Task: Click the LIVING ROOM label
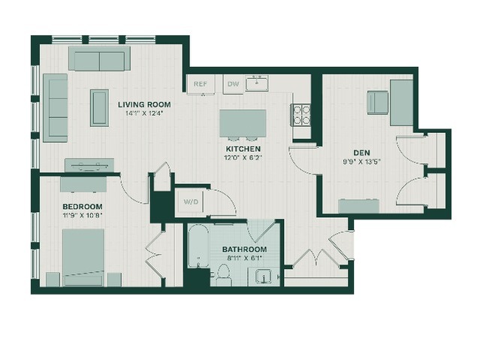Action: coord(144,104)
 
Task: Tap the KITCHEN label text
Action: coord(243,150)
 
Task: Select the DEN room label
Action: coord(361,153)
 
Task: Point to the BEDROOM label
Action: coord(83,207)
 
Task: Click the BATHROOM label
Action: coord(245,249)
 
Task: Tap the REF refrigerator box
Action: coord(201,83)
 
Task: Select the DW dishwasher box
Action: coord(234,83)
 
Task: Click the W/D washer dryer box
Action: coord(191,201)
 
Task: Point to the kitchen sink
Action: coord(257,83)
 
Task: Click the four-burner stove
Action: coord(301,115)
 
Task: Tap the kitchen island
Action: coord(243,123)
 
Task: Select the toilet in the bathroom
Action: coord(223,275)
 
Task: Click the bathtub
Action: coord(198,246)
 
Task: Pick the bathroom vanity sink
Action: coord(264,277)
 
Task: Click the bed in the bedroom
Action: coord(83,257)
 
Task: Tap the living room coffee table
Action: coord(99,107)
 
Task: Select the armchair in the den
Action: coord(378,103)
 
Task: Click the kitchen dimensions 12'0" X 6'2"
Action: coord(243,158)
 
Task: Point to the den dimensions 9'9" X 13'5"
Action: coord(361,162)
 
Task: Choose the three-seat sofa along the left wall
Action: coord(56,107)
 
